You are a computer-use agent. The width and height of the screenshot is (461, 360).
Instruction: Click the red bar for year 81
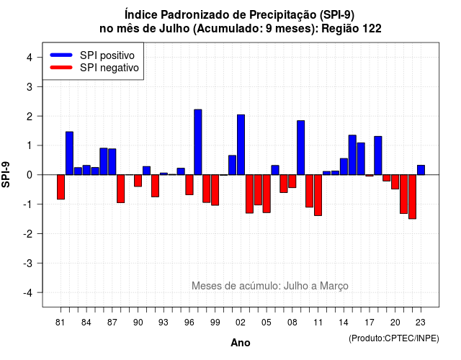click(x=61, y=187)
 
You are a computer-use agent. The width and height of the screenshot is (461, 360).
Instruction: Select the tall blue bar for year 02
click(x=241, y=145)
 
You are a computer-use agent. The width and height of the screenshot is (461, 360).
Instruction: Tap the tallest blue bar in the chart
click(x=198, y=143)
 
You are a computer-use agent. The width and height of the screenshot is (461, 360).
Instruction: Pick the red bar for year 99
click(x=215, y=190)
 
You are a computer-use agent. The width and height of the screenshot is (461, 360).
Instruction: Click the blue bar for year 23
click(x=421, y=170)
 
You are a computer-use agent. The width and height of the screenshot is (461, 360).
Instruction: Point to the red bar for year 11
click(x=318, y=195)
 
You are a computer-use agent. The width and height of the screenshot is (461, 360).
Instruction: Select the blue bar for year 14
click(x=344, y=166)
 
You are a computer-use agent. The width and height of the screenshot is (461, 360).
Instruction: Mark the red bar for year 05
click(x=267, y=194)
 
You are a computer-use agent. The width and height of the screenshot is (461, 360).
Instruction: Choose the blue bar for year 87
click(x=112, y=162)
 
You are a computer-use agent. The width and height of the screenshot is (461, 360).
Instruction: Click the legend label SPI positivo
click(x=107, y=55)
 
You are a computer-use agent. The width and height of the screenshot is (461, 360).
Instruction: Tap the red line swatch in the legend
click(x=61, y=67)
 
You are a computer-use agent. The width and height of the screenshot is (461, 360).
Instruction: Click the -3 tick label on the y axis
click(x=28, y=263)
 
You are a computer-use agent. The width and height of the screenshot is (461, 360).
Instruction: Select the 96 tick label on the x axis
click(x=189, y=323)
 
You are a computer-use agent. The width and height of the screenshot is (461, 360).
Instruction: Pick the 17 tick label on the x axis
click(x=370, y=323)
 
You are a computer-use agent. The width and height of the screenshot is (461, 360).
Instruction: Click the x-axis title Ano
click(x=241, y=343)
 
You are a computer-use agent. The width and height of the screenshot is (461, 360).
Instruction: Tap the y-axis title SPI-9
click(x=6, y=174)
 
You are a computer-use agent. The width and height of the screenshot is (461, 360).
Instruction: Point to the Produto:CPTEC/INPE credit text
click(x=394, y=338)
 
